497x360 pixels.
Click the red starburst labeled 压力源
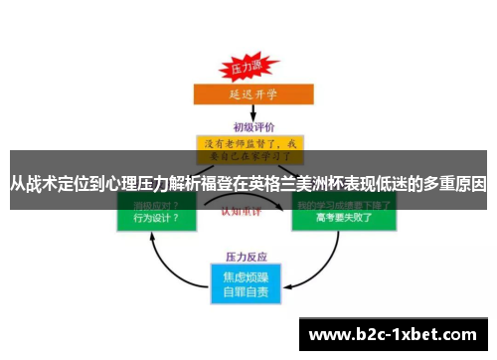pos(246,69)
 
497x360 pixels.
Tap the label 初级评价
pos(248,127)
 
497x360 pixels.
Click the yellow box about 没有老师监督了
pos(248,148)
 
